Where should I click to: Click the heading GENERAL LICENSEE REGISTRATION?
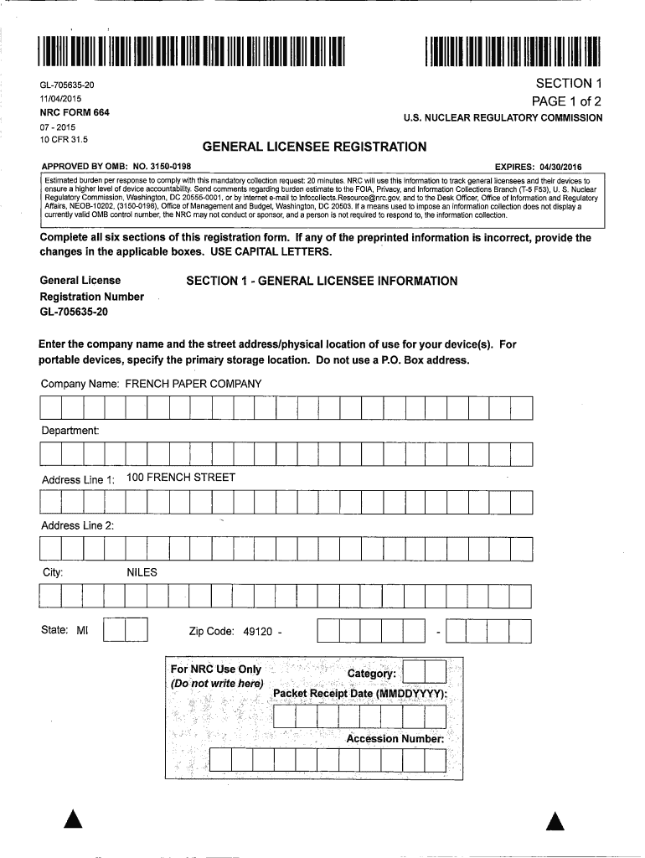coord(314,147)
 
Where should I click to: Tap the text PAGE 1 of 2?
coord(567,101)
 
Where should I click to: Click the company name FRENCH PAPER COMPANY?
coord(193,384)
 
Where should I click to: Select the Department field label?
coord(70,431)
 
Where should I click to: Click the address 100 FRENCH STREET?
coord(181,478)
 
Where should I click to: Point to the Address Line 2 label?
coord(77,525)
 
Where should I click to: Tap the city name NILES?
coord(142,573)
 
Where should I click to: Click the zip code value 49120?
coord(257,631)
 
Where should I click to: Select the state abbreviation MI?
coord(82,630)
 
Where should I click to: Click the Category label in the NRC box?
coord(371,674)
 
